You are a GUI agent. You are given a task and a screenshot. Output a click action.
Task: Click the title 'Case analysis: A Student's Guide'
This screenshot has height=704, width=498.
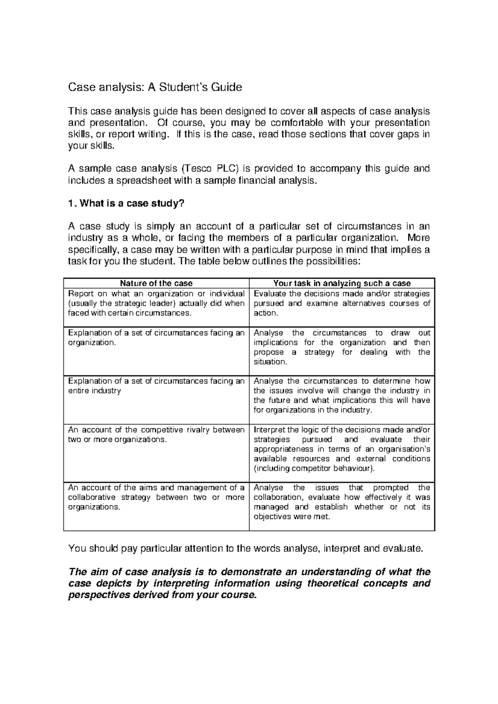[155, 87]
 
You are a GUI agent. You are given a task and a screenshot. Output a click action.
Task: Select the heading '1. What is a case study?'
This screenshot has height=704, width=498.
[125, 204]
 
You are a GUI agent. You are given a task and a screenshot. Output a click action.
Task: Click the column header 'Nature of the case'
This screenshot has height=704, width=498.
[156, 284]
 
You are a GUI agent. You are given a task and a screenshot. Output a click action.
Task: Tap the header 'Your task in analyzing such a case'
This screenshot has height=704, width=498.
[342, 284]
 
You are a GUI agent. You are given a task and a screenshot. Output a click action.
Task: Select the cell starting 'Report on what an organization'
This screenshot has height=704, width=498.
[156, 303]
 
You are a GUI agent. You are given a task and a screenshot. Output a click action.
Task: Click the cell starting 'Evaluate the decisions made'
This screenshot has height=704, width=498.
[342, 303]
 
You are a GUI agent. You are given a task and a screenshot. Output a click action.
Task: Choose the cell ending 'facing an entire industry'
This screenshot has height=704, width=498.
[156, 386]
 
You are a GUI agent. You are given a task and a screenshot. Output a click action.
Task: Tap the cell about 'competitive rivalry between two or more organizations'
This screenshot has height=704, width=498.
[156, 435]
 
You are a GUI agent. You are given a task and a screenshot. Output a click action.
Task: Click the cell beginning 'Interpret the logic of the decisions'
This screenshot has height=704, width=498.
[342, 449]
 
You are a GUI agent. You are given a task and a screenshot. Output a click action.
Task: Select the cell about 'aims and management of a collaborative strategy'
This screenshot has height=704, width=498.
[156, 497]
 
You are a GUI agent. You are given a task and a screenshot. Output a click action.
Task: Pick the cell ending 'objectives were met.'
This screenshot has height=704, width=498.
[342, 502]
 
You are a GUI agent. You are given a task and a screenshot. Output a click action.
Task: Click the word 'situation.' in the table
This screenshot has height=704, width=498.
[270, 362]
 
